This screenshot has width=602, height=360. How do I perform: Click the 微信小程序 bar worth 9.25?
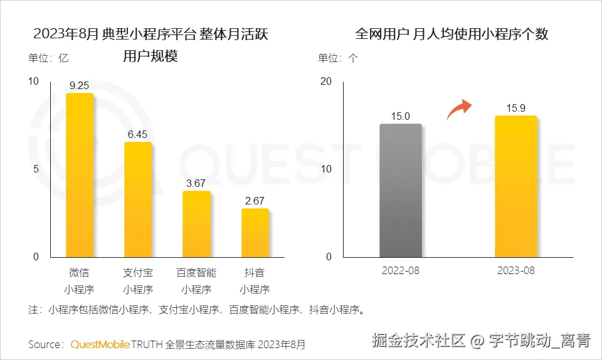(x=80, y=175)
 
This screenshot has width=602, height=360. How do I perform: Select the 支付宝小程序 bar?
(x=138, y=199)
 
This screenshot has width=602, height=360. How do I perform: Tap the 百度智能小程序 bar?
(x=196, y=224)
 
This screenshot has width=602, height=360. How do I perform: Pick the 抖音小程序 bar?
(x=255, y=233)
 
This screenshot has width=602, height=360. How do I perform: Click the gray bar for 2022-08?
(x=401, y=191)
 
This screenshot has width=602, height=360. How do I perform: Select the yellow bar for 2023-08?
(x=516, y=186)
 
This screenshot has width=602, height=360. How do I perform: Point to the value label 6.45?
(x=137, y=134)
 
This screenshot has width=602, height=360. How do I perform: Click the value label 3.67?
(x=196, y=183)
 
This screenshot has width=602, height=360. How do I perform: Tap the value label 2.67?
(x=255, y=201)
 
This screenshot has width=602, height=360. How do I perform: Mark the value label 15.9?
(x=516, y=108)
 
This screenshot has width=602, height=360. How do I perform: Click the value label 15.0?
(x=401, y=116)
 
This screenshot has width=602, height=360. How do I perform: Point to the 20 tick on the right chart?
(x=325, y=81)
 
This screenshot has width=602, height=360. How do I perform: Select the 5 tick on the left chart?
(x=36, y=169)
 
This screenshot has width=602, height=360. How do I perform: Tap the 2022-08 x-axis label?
(x=401, y=271)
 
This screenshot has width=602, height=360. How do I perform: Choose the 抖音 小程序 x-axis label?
(x=255, y=281)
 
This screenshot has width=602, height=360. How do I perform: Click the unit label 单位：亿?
(x=48, y=58)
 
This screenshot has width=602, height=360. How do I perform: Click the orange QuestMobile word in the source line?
(x=100, y=344)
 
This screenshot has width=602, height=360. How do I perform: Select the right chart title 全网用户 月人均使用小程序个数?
(x=451, y=34)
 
